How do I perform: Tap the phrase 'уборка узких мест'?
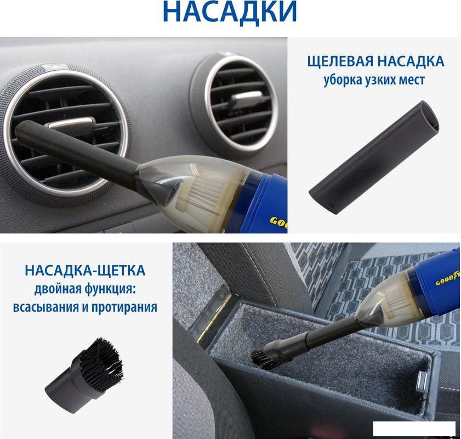(374, 80)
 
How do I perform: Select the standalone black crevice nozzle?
(374, 156)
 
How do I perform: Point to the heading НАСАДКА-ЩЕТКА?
(85, 271)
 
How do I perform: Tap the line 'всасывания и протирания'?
(85, 307)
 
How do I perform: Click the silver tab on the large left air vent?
(72, 122)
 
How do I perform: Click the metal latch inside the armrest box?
(422, 383)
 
